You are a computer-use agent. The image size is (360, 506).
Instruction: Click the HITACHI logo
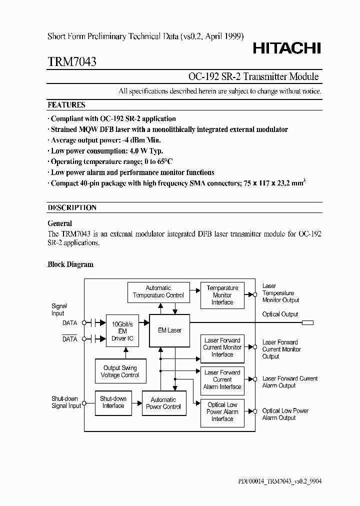pos(286,48)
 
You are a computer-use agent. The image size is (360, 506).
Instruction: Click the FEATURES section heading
pos(66,105)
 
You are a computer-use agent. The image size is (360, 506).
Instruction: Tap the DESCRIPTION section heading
pos(72,207)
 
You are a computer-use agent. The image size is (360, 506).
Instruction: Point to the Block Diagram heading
pos(70,264)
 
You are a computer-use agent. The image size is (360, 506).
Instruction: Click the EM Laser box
pos(169,330)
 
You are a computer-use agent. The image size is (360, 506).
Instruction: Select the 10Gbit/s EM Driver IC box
pos(122,331)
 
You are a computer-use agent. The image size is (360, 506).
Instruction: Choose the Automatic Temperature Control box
pos(158,291)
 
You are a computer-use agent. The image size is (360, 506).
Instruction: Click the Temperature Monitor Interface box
pos(222,295)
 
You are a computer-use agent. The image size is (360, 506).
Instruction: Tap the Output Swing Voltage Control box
pos(120,371)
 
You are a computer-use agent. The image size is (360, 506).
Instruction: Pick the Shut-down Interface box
pos(113,402)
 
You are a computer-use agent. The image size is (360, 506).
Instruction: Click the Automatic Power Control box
pos(163,403)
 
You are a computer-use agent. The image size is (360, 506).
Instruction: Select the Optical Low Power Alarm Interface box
pos(222,412)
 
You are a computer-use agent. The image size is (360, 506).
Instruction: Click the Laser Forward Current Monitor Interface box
pos(222,347)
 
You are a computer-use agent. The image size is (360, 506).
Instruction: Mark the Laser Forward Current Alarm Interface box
pos(222,379)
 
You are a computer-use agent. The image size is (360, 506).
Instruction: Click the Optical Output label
pos(280,314)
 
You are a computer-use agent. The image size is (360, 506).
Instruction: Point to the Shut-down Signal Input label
pos(66,402)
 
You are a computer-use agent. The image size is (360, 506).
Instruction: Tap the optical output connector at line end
pos(307,323)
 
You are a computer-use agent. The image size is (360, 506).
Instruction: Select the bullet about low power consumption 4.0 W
pos(107,151)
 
